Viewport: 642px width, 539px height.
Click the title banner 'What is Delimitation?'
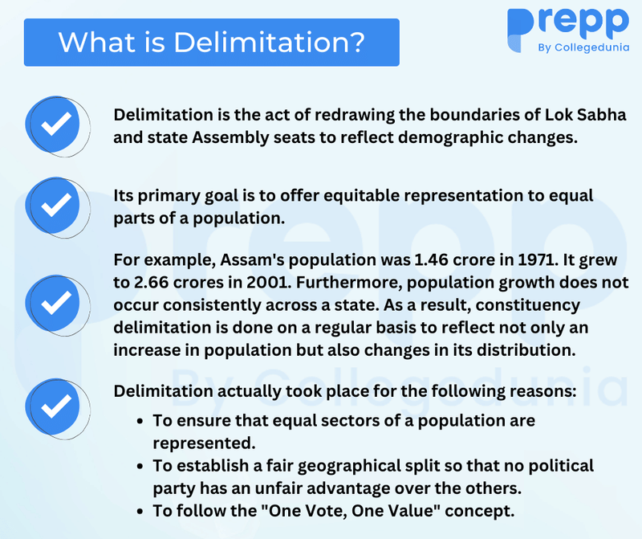click(211, 42)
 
